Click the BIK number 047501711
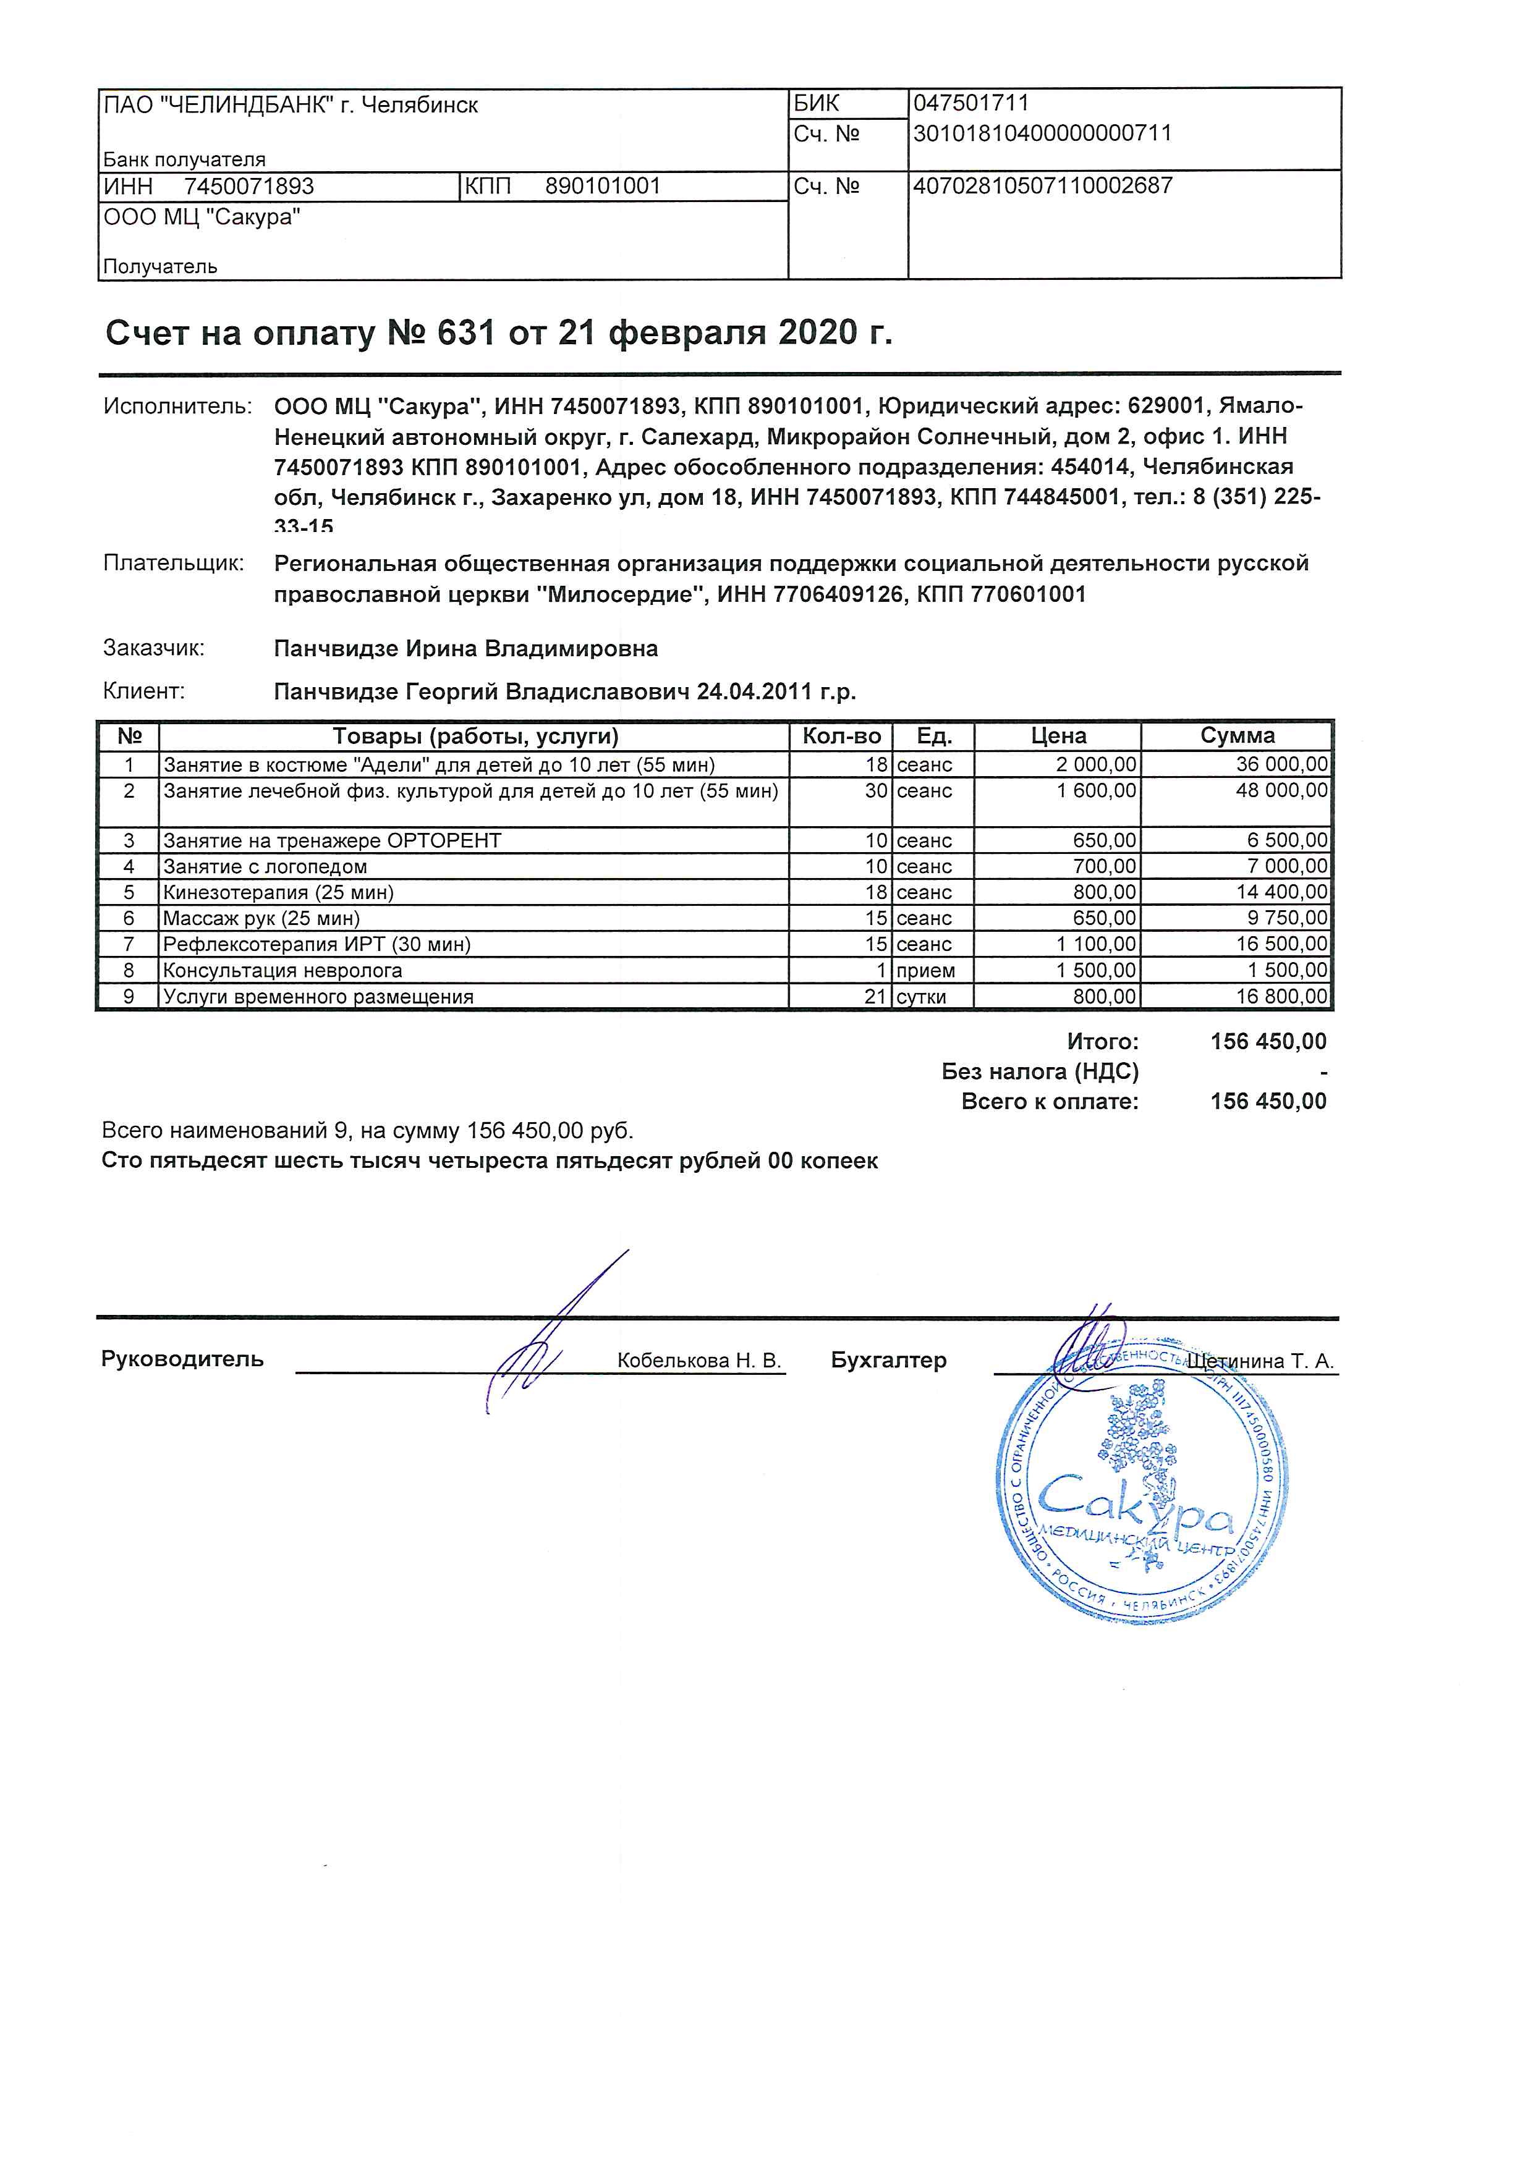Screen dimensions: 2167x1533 click(970, 103)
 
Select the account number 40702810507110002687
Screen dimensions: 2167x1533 click(1042, 186)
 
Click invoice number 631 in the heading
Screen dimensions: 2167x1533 click(465, 333)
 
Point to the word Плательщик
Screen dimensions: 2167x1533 click(174, 564)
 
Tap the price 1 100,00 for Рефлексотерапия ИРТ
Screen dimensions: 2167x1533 click(1096, 944)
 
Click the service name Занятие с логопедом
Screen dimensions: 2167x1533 click(265, 866)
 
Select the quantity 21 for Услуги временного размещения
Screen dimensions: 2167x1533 click(875, 997)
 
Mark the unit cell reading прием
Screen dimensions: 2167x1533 click(925, 970)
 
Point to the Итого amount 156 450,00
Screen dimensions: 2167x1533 click(1268, 1042)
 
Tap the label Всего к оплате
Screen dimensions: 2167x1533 click(1049, 1102)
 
